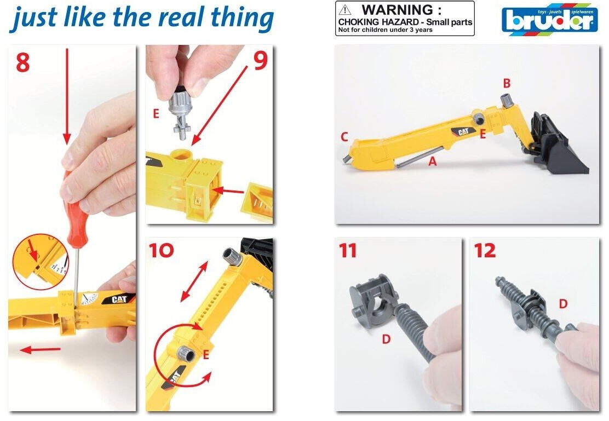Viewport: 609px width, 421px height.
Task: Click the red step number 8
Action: [22, 62]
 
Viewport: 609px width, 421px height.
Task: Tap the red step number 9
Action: [261, 61]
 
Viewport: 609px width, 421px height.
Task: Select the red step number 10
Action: [162, 250]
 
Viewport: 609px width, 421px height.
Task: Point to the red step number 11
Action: [348, 251]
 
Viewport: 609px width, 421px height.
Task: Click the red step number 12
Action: [485, 251]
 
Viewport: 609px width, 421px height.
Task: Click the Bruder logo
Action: [549, 20]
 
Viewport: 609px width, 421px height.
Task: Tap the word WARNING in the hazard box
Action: [401, 10]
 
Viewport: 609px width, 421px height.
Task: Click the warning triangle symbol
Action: [344, 10]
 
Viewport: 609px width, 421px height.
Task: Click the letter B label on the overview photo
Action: [507, 83]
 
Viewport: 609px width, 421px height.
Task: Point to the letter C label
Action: [344, 137]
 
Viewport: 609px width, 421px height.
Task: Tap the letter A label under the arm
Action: [432, 161]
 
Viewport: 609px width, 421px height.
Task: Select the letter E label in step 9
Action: [156, 113]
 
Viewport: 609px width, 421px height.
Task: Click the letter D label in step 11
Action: [386, 339]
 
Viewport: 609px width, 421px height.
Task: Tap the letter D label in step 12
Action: [563, 304]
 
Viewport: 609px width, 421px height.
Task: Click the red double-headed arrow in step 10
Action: [194, 281]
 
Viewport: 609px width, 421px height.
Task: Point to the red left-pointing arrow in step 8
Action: [41, 350]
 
